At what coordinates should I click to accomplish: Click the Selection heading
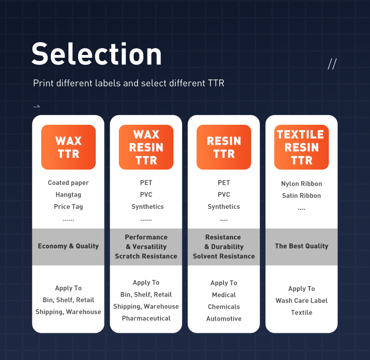click(x=97, y=54)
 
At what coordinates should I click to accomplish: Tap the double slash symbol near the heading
click(x=332, y=64)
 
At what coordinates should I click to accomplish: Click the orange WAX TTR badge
click(x=68, y=147)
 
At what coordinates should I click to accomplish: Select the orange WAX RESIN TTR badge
click(x=146, y=147)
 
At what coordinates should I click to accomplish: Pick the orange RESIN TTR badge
click(x=224, y=147)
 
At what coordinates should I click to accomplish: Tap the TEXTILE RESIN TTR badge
click(x=302, y=147)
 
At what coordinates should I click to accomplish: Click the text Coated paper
click(x=68, y=183)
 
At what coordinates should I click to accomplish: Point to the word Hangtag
click(x=68, y=195)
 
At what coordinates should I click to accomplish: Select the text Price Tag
click(x=68, y=207)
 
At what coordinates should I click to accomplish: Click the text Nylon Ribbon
click(x=302, y=184)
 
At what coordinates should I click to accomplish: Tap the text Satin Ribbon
click(x=302, y=195)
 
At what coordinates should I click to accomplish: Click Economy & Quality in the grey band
click(x=68, y=246)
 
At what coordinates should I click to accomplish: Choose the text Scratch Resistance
click(x=146, y=256)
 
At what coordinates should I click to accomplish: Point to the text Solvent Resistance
click(x=224, y=256)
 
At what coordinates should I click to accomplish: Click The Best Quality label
click(x=302, y=246)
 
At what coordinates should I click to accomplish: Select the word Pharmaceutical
click(x=146, y=318)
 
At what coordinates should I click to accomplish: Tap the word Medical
click(x=224, y=295)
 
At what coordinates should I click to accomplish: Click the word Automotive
click(x=224, y=319)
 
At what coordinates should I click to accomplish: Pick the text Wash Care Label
click(x=302, y=300)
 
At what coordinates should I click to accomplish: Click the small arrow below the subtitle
click(x=37, y=106)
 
